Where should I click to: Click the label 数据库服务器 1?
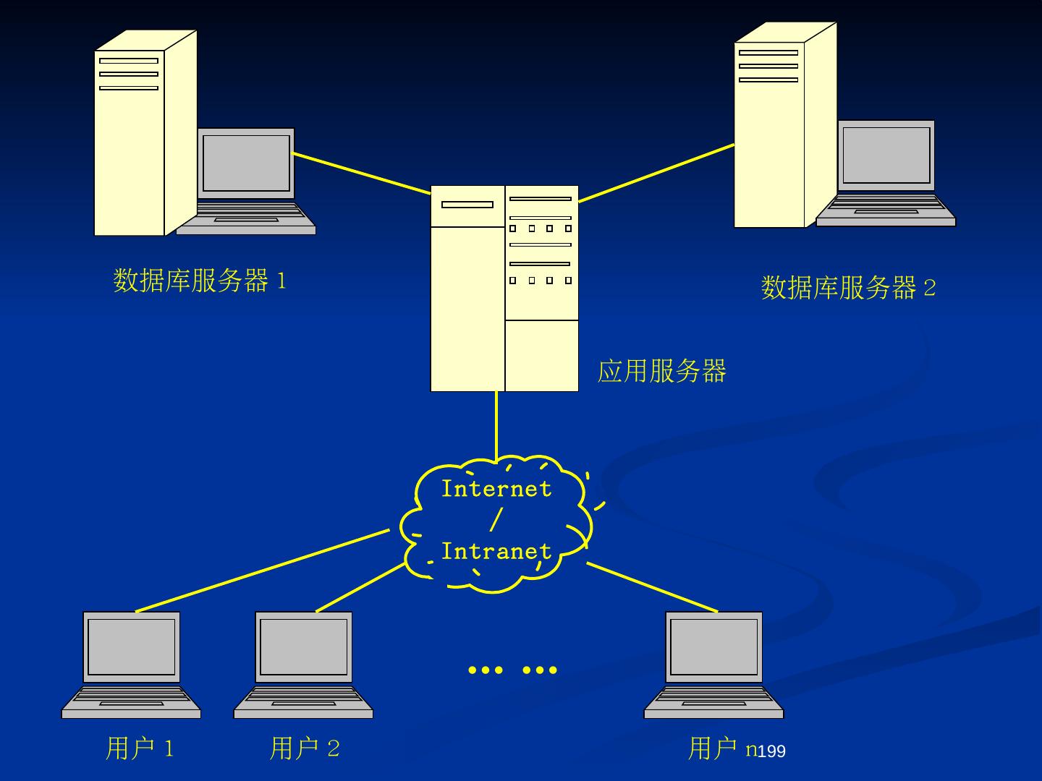pos(200,281)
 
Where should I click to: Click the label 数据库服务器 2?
pos(848,288)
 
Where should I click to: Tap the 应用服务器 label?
pos(661,371)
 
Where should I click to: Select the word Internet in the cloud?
pos(496,489)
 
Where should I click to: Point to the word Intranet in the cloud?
pos(496,551)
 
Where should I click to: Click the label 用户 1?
pos(140,748)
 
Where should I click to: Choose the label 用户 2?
pos(305,748)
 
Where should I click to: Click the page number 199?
pos(771,752)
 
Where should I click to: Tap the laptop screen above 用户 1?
pos(132,646)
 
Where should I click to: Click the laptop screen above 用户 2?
pos(304,646)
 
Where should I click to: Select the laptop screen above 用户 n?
pos(713,646)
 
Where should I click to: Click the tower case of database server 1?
pos(130,159)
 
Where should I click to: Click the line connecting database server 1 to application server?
pos(362,174)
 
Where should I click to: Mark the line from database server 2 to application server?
pos(656,173)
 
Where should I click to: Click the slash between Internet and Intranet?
pos(496,520)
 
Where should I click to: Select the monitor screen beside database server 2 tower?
pos(886,155)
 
